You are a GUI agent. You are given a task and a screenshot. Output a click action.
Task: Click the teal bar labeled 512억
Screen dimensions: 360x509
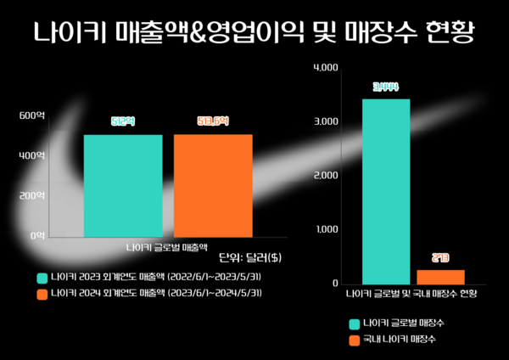[x=123, y=185]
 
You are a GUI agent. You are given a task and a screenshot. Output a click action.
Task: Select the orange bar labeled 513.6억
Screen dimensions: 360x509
[x=213, y=185]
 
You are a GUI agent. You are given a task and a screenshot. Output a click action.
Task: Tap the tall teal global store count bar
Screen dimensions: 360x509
[x=386, y=191]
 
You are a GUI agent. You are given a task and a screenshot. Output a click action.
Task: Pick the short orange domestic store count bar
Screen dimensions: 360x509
[x=440, y=276]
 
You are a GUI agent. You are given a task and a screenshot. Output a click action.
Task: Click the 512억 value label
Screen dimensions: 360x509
[x=123, y=121]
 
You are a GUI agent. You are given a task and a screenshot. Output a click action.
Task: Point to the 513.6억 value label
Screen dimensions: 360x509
[x=213, y=121]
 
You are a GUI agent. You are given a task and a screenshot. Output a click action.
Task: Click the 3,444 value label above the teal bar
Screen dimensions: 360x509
[x=386, y=87]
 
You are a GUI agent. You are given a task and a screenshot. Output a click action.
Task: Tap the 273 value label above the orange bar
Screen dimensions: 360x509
[x=440, y=257]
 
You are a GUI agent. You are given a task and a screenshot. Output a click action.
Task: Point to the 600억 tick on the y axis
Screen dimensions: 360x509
[x=32, y=115]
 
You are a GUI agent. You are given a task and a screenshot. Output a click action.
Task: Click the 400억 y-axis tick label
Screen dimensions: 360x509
[x=32, y=155]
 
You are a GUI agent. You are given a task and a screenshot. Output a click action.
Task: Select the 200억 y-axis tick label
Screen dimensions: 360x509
[x=32, y=195]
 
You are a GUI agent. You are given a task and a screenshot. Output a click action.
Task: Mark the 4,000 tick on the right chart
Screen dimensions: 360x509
[x=326, y=67]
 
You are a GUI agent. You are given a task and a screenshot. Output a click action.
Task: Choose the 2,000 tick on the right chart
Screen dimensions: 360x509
[x=326, y=175]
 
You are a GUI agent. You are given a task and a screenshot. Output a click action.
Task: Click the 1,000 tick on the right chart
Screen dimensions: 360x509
[x=326, y=229]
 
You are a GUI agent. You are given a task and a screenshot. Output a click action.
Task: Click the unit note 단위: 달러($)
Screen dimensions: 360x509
[x=250, y=257]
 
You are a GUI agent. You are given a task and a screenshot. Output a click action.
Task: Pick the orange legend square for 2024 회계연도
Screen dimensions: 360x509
[x=42, y=294]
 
